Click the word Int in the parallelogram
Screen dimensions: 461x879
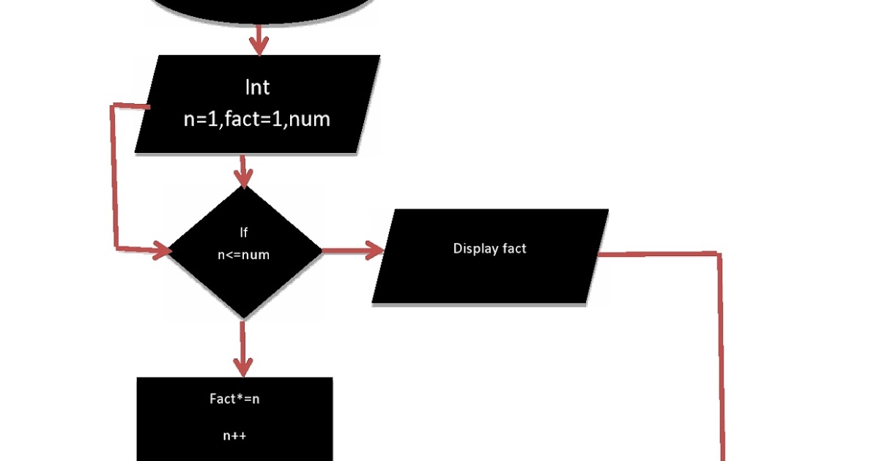(257, 88)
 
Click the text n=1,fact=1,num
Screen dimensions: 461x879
(257, 119)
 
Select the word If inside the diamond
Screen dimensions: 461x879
(244, 233)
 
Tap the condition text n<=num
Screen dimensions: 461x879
(244, 255)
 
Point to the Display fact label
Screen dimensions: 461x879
(489, 249)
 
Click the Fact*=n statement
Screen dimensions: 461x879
(234, 400)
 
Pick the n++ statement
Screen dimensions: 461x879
(234, 435)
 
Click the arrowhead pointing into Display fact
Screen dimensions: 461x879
(375, 252)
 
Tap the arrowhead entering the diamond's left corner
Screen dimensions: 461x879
(161, 252)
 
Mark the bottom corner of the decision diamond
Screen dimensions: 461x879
(244, 318)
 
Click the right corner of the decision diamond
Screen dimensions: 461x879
(321, 252)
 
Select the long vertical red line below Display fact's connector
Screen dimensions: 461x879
(722, 359)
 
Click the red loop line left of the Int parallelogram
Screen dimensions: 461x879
(114, 176)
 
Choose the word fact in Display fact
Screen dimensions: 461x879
(514, 249)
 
